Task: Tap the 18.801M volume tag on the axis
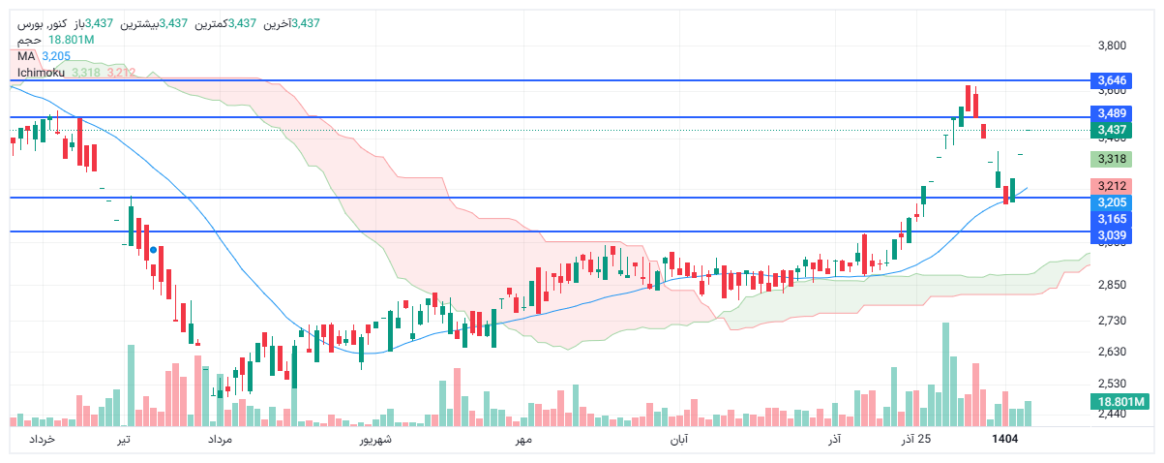tap(1119, 402)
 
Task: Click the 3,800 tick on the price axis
tap(1113, 46)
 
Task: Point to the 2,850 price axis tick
tap(1113, 285)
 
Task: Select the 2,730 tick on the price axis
tap(1113, 321)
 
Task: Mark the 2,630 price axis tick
tap(1113, 352)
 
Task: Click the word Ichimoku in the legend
tap(41, 73)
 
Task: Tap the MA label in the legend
tap(26, 56)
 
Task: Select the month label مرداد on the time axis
tap(221, 441)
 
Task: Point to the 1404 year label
tap(1005, 440)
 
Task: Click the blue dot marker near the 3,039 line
tap(154, 250)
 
